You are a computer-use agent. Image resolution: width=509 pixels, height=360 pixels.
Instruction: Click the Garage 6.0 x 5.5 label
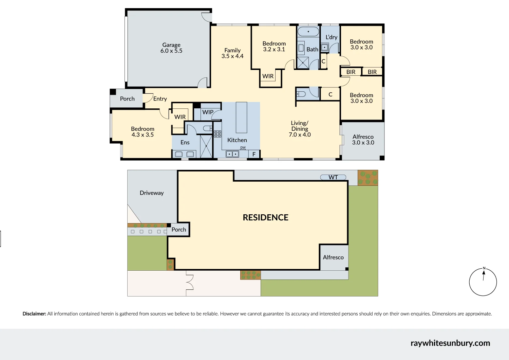pyautogui.click(x=171, y=48)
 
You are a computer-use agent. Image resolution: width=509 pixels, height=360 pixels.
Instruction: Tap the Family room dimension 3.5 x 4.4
pyautogui.click(x=232, y=56)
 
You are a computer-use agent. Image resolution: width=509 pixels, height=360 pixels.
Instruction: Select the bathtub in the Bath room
pyautogui.click(x=308, y=32)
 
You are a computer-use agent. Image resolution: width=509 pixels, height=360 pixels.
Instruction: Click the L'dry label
pyautogui.click(x=331, y=37)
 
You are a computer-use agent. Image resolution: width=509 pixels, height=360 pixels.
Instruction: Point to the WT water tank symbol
pyautogui.click(x=333, y=177)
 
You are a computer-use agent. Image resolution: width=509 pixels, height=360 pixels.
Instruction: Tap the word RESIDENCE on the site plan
pyautogui.click(x=265, y=218)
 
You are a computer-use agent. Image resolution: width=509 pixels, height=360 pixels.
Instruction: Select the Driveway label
pyautogui.click(x=152, y=193)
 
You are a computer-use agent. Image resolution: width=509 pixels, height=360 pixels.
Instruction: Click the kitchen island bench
pyautogui.click(x=241, y=118)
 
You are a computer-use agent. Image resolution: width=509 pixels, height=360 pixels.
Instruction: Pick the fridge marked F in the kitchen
pyautogui.click(x=254, y=154)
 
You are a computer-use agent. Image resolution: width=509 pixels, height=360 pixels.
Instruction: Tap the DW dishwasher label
pyautogui.click(x=243, y=148)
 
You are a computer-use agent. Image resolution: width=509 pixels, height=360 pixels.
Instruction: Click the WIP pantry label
pyautogui.click(x=208, y=112)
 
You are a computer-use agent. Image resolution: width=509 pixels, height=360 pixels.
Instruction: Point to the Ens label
pyautogui.click(x=185, y=142)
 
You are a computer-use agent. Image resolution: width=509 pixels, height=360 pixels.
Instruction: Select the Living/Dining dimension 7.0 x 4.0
pyautogui.click(x=300, y=135)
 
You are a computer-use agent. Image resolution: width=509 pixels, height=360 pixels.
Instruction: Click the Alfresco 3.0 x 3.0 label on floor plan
pyautogui.click(x=363, y=140)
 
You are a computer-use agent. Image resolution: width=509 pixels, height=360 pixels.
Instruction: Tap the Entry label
pyautogui.click(x=160, y=99)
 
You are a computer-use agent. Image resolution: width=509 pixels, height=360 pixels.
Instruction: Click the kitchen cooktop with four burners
pyautogui.click(x=218, y=134)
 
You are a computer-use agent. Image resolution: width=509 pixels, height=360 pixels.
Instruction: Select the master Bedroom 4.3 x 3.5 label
pyautogui.click(x=143, y=132)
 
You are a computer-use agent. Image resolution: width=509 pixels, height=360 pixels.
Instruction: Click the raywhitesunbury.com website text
pyautogui.click(x=450, y=343)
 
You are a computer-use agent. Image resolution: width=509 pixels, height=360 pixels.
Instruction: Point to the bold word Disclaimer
pyautogui.click(x=34, y=314)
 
